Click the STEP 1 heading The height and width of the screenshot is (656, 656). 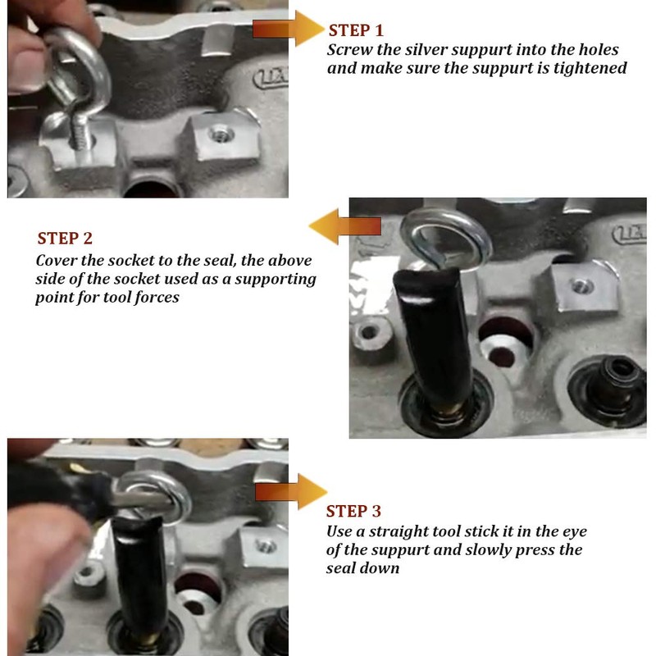pyautogui.click(x=356, y=30)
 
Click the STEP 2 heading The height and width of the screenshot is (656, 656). pyautogui.click(x=65, y=239)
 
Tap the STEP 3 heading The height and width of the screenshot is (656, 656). pyautogui.click(x=353, y=511)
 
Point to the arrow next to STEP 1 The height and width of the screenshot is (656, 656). pyautogui.click(x=289, y=29)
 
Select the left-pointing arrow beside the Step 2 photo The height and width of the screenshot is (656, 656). pyautogui.click(x=344, y=226)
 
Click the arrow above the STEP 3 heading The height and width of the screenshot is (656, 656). pyautogui.click(x=291, y=491)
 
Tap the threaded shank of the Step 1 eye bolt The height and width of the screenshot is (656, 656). pyautogui.click(x=80, y=132)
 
